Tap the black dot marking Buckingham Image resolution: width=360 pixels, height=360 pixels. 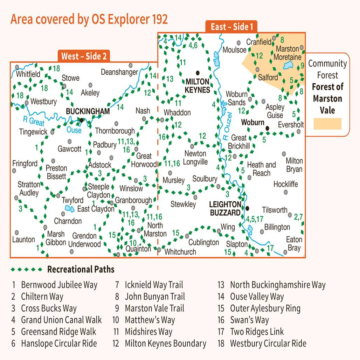[82, 120]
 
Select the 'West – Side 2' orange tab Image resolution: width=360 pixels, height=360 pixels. [84, 56]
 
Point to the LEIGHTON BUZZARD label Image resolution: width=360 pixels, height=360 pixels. [225, 208]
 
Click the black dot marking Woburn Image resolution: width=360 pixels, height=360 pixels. [267, 129]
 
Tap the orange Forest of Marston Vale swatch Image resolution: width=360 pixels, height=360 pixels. [327, 124]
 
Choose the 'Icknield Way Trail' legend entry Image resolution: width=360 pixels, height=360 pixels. [154, 285]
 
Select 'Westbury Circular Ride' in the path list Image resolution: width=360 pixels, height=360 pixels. [268, 343]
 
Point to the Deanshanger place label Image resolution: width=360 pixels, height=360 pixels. [119, 72]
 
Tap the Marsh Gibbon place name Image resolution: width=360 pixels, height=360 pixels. [56, 238]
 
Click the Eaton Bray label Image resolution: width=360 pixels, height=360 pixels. [294, 243]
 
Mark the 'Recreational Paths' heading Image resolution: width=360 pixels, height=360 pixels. [81, 269]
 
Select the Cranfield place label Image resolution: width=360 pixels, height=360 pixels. [259, 42]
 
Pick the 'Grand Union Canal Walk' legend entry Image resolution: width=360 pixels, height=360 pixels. [61, 320]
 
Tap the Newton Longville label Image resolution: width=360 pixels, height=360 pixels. [195, 158]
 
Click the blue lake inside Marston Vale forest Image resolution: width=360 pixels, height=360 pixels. [289, 65]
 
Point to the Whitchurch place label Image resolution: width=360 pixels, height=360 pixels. [180, 251]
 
